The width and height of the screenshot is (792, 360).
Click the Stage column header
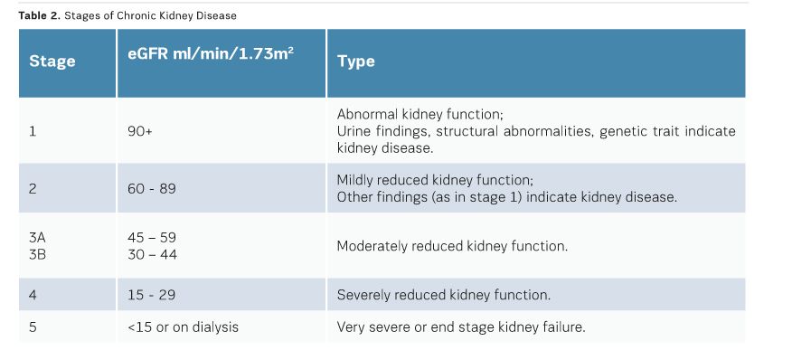pyautogui.click(x=52, y=62)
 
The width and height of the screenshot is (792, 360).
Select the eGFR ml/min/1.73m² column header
pyautogui.click(x=211, y=53)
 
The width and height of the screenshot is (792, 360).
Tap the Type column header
pyautogui.click(x=356, y=62)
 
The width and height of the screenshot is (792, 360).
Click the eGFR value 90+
pyautogui.click(x=140, y=131)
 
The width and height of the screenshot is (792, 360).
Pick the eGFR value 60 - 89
pyautogui.click(x=152, y=189)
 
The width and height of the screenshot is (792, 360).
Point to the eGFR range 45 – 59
pyautogui.click(x=152, y=238)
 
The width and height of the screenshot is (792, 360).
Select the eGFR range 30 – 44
pyautogui.click(x=153, y=254)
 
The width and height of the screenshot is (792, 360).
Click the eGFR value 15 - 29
pyautogui.click(x=152, y=295)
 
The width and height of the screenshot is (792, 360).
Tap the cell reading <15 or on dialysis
pyautogui.click(x=183, y=327)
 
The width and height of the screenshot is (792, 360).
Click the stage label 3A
pyautogui.click(x=37, y=238)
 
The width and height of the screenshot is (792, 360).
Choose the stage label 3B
pyautogui.click(x=37, y=254)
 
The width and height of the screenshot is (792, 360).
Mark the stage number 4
pyautogui.click(x=33, y=295)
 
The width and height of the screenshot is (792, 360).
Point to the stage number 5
pyautogui.click(x=33, y=327)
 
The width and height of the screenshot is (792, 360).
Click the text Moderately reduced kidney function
pyautogui.click(x=453, y=246)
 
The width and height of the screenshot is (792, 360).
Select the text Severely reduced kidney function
pyautogui.click(x=444, y=295)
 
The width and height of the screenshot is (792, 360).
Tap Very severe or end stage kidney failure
pyautogui.click(x=461, y=327)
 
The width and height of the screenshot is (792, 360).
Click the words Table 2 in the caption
pyautogui.click(x=40, y=15)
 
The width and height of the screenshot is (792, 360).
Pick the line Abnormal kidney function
pyautogui.click(x=420, y=114)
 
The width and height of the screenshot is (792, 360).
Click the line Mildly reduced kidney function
pyautogui.click(x=435, y=180)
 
